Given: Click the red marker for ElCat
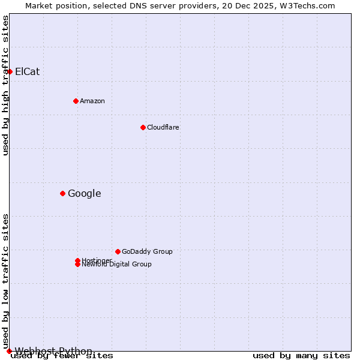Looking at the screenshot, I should (10, 71).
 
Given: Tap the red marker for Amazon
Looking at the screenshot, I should (76, 101).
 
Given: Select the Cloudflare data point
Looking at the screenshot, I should (143, 127).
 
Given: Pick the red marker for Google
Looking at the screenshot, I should (62, 193).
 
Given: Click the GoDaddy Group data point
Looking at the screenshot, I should (118, 251).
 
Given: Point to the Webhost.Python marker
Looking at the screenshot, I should (9, 351).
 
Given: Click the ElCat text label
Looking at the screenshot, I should (27, 72).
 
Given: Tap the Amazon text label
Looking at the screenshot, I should (92, 101).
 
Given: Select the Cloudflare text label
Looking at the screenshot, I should (163, 127).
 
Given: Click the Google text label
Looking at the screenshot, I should (85, 193).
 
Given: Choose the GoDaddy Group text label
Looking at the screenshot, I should (147, 251).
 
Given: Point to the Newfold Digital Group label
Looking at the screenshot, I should (117, 264).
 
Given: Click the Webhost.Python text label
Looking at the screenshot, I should (53, 351).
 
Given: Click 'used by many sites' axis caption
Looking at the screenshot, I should (301, 356).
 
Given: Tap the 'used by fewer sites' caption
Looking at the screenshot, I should (62, 356).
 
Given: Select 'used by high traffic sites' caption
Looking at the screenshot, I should (5, 85).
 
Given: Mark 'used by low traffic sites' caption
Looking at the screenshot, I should (5, 281).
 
